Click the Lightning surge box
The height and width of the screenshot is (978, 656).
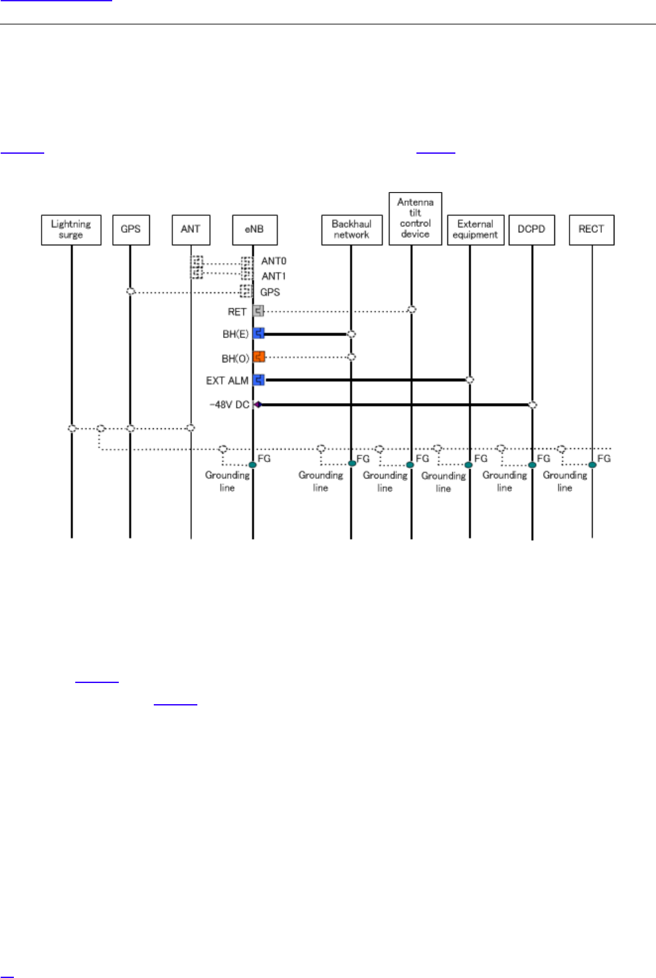[71, 230]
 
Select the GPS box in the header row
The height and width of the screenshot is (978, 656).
[131, 230]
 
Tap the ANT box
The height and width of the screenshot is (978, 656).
[191, 230]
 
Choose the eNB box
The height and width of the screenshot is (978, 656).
[254, 230]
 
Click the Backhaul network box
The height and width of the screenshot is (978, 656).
[352, 230]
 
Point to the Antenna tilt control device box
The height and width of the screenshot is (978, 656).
[415, 218]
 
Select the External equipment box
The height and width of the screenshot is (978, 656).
[475, 230]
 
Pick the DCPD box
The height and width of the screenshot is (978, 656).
[531, 230]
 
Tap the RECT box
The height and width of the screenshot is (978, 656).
[591, 230]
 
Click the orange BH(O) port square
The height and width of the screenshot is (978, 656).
[259, 357]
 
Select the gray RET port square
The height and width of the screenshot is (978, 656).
[258, 311]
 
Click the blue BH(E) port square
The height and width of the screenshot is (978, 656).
[259, 334]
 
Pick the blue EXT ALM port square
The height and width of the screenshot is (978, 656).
[259, 380]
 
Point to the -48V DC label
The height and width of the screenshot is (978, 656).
[229, 405]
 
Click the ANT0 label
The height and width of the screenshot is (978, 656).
[274, 261]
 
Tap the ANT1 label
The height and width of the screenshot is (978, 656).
[274, 277]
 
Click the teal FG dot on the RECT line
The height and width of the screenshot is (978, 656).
[592, 465]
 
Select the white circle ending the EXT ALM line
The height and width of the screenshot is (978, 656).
[469, 379]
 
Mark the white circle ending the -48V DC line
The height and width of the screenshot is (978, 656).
[533, 405]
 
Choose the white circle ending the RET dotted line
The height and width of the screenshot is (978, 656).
[412, 309]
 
